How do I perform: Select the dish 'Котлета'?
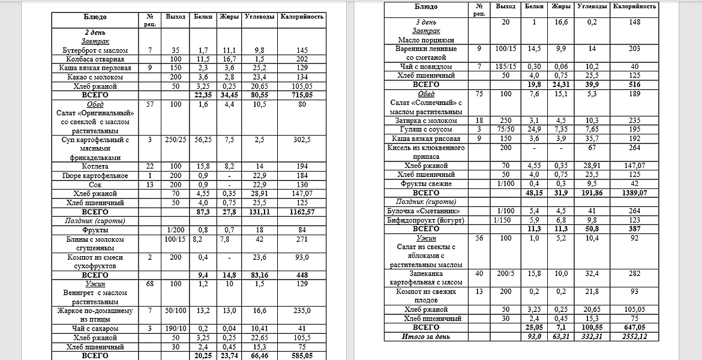95,167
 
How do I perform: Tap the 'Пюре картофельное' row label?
95,176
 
